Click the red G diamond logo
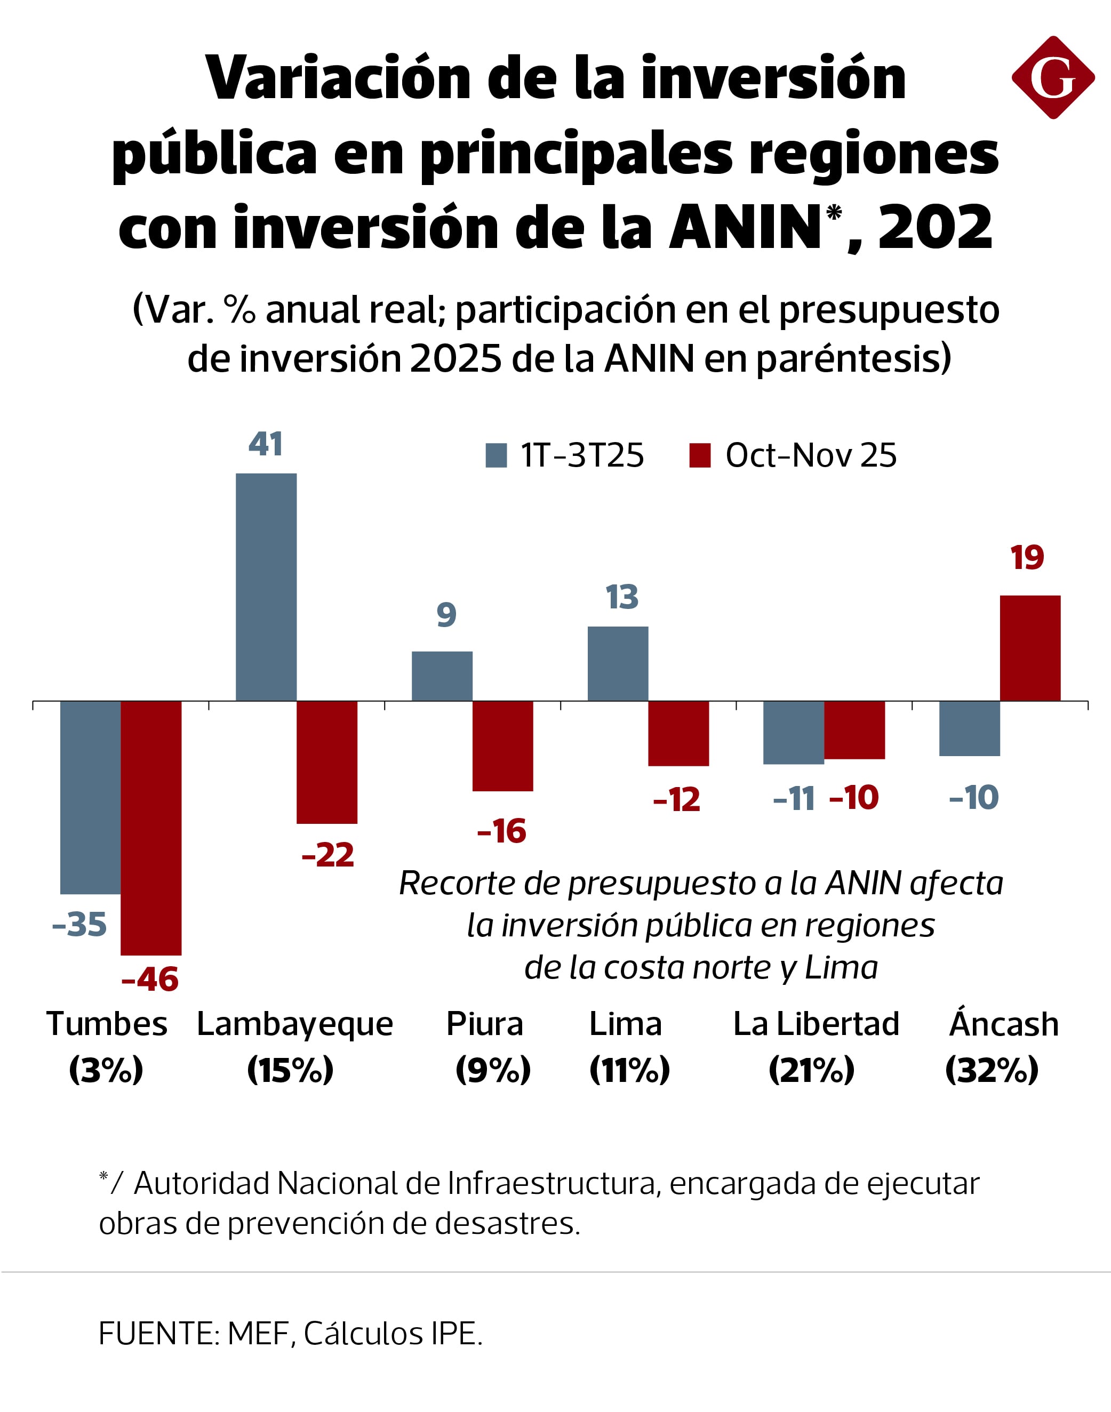pyautogui.click(x=1052, y=77)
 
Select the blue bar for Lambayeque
pyautogui.click(x=266, y=587)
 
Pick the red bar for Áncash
pyautogui.click(x=1030, y=648)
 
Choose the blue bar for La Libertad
pyautogui.click(x=793, y=732)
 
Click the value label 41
pyautogui.click(x=266, y=444)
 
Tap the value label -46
pyautogui.click(x=149, y=980)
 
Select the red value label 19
pyautogui.click(x=1027, y=558)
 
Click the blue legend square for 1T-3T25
pyautogui.click(x=497, y=455)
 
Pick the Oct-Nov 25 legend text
pyautogui.click(x=811, y=455)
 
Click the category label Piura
pyautogui.click(x=485, y=1024)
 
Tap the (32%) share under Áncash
pyautogui.click(x=992, y=1070)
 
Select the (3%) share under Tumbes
pyautogui.click(x=106, y=1070)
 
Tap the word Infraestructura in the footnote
pyautogui.click(x=551, y=1183)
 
